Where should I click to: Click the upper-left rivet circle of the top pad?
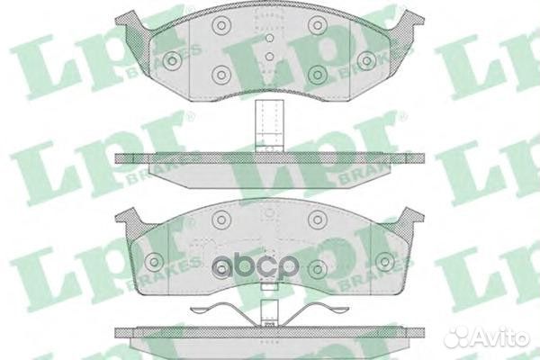tap(220, 24)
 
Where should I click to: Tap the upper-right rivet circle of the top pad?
tap(317, 24)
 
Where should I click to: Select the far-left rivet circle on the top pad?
tap(172, 60)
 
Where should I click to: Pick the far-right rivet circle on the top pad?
tap(366, 60)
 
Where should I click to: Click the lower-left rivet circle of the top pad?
tap(220, 75)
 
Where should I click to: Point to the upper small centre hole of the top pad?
tap(270, 38)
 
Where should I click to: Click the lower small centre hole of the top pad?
tap(270, 56)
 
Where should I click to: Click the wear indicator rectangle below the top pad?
tap(269, 125)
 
